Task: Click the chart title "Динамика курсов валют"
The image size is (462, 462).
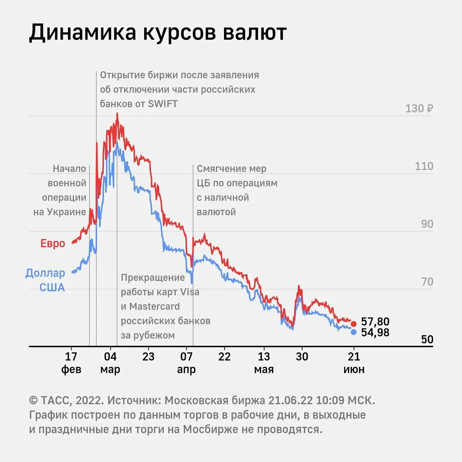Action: click(x=158, y=32)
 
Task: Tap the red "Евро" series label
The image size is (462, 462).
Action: click(x=53, y=243)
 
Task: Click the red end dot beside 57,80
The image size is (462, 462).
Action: click(x=353, y=323)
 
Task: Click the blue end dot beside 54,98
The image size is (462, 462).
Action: click(x=353, y=332)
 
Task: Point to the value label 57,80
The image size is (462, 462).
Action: click(x=375, y=322)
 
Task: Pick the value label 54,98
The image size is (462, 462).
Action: click(x=375, y=333)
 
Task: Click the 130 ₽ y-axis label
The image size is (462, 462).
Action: click(x=419, y=109)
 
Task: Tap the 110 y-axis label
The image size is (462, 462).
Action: click(x=424, y=166)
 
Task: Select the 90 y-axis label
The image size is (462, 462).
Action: click(x=427, y=224)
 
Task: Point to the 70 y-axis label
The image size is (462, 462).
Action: click(x=427, y=282)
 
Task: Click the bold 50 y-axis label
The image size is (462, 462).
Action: click(x=427, y=340)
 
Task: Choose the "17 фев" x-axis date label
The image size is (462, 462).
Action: click(x=71, y=363)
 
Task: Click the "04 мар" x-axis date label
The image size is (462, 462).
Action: click(x=110, y=363)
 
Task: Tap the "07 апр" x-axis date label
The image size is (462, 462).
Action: click(x=186, y=363)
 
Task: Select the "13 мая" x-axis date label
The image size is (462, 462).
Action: click(x=264, y=363)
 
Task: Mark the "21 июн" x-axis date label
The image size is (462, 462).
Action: click(x=354, y=363)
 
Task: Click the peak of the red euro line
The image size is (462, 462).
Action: click(x=117, y=114)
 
